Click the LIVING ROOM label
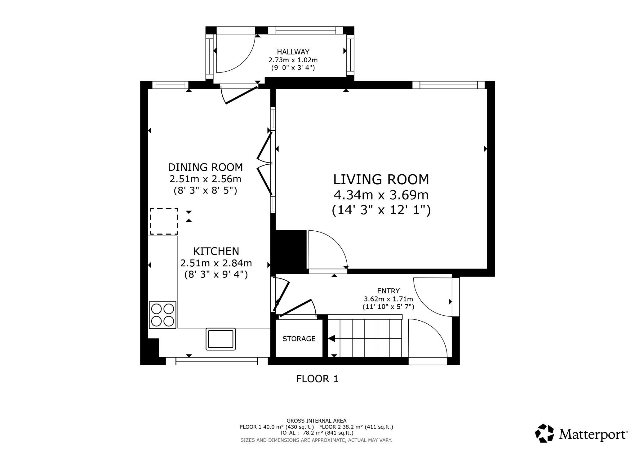381,180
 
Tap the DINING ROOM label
205,167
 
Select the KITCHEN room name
216,251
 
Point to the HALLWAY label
293,52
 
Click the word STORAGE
299,339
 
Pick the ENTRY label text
388,291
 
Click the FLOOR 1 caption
317,379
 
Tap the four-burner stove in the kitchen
162,315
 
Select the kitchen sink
220,339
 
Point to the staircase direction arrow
331,339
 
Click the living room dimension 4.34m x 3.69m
381,195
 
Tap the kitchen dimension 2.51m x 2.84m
216,263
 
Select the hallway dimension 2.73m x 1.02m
293,60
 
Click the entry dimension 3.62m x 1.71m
388,299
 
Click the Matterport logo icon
544,433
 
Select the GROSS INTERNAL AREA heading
317,421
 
